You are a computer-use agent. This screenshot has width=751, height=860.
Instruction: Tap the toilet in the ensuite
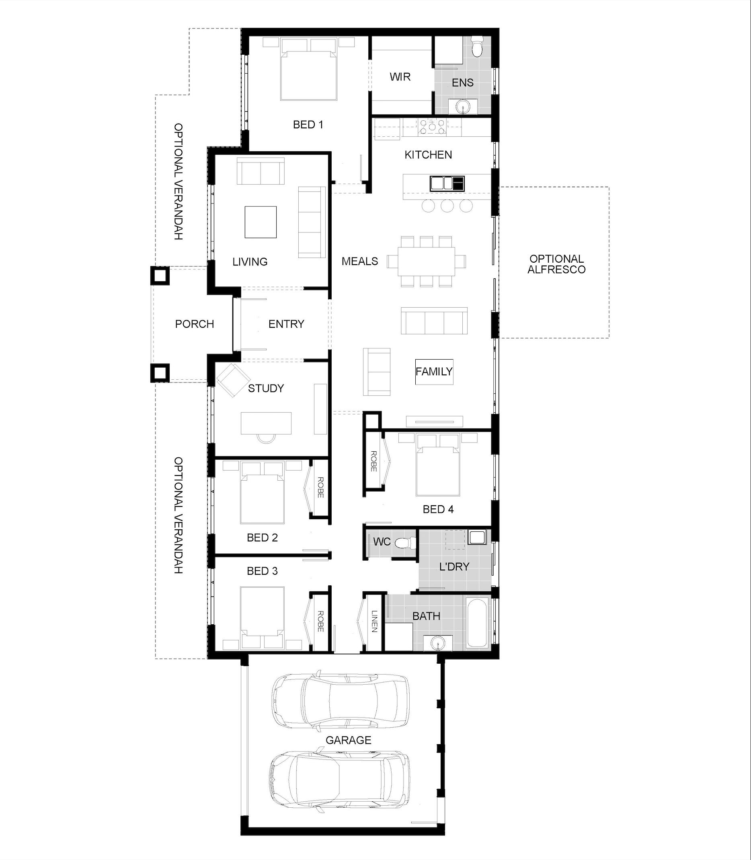pos(477,47)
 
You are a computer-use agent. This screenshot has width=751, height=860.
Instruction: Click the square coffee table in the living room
pos(261,222)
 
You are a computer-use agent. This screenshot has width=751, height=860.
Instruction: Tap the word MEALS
pos(359,261)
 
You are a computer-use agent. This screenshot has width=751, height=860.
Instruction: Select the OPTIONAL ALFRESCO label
pos(556,264)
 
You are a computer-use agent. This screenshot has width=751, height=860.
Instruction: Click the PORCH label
pos(195,324)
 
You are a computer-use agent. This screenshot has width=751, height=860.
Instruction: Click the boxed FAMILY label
pos(434,372)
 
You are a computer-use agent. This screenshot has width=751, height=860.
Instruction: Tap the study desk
pos(266,423)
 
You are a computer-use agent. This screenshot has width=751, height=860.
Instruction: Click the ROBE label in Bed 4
pos(373,461)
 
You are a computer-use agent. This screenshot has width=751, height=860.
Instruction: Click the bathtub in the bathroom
pos(477,623)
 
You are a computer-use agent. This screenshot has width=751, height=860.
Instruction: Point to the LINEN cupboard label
pos(374,621)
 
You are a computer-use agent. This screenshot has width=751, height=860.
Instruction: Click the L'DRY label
pos(454,566)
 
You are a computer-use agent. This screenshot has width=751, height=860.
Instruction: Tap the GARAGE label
pos(348,740)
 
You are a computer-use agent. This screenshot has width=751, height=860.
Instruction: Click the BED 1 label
pos(308,125)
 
